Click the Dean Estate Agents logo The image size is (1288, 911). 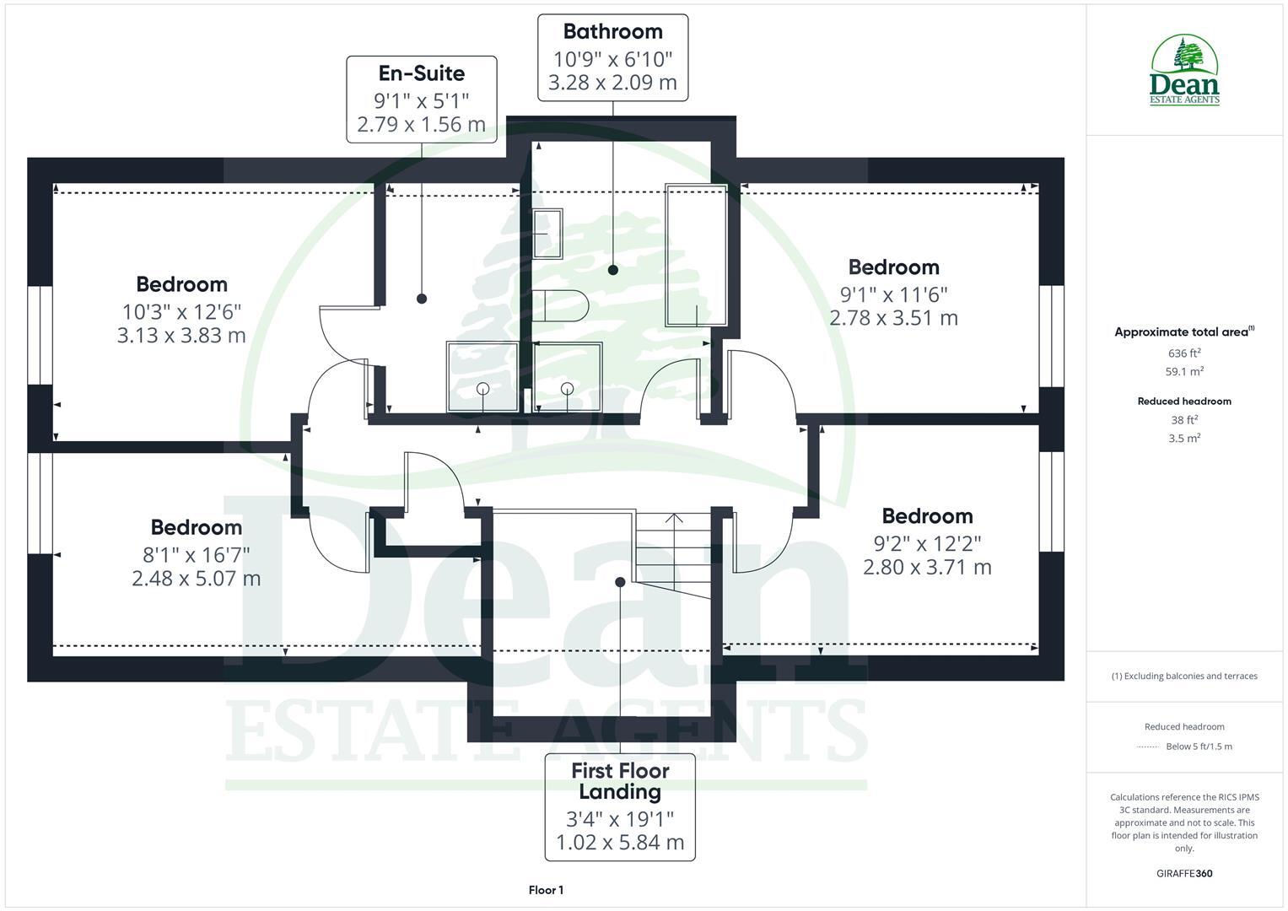click(x=1184, y=71)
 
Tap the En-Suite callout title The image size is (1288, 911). click(x=421, y=73)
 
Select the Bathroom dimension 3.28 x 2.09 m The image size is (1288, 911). click(x=612, y=83)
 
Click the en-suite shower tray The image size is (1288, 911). click(x=483, y=376)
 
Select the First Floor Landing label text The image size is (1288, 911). click(x=620, y=781)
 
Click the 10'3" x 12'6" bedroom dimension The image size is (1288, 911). click(x=181, y=310)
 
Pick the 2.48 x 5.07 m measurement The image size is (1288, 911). click(x=196, y=579)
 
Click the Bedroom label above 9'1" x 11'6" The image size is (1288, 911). click(x=893, y=267)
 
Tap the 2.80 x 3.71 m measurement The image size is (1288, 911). click(x=927, y=568)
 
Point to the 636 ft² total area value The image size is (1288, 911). click(x=1184, y=353)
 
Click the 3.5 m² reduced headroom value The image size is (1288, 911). click(x=1184, y=438)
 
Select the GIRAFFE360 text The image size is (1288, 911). click(x=1184, y=873)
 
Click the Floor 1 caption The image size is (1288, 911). click(x=546, y=890)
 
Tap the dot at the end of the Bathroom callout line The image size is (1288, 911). click(x=613, y=270)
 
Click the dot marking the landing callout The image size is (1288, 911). click(x=620, y=582)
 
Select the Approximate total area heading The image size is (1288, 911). click(x=1184, y=332)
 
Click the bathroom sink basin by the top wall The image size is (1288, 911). click(x=547, y=234)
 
